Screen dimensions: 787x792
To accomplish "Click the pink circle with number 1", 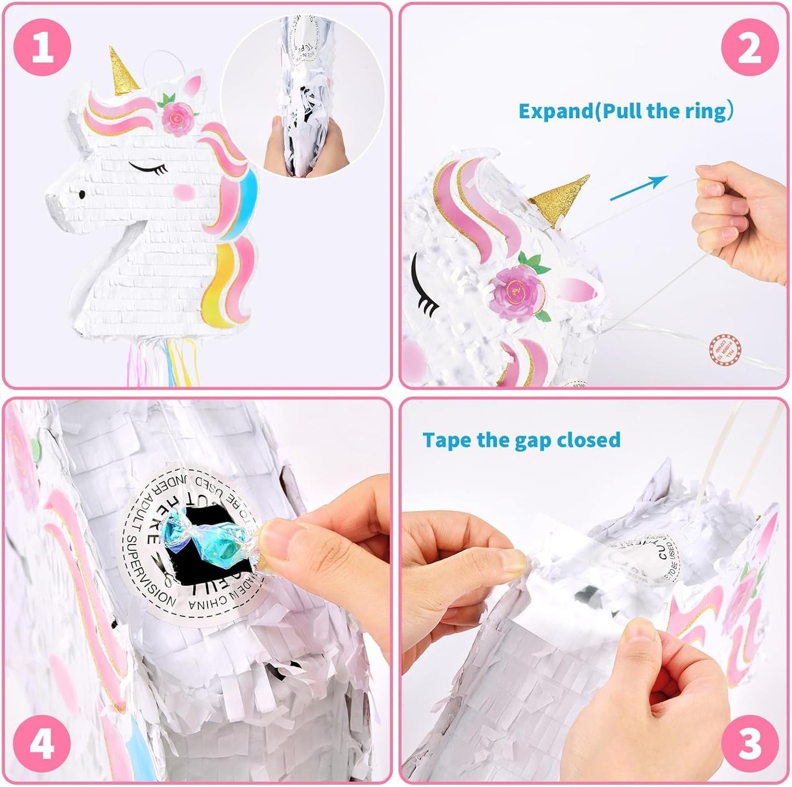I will (x=43, y=47).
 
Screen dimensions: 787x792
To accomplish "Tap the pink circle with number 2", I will (x=750, y=47).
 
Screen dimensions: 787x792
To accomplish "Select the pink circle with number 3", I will (x=750, y=744).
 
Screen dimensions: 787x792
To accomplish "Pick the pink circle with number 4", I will (x=43, y=744).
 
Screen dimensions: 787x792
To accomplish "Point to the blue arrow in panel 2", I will (x=639, y=188).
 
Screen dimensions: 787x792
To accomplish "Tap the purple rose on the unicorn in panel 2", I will (x=513, y=290).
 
